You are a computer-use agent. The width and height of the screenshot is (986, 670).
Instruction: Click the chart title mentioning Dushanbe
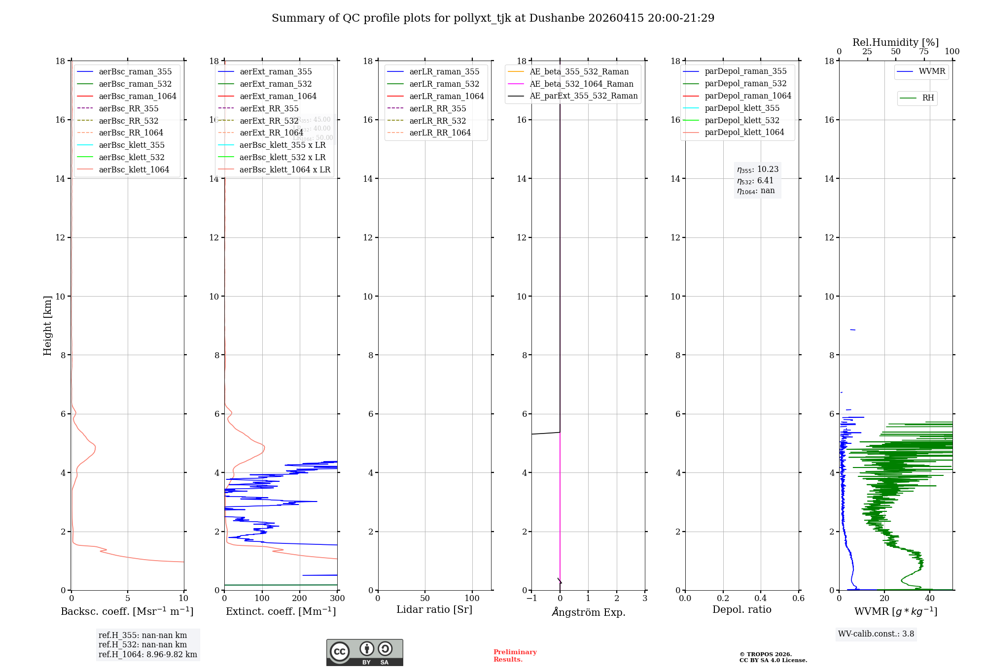pos(493,18)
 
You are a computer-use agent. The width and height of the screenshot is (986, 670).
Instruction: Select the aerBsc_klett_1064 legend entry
pos(134,169)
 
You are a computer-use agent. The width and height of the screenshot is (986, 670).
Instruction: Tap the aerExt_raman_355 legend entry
pos(276,72)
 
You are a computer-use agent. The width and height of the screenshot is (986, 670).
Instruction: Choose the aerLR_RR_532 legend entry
pos(437,121)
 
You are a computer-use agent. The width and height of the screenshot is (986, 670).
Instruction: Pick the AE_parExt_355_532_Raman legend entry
pos(583,96)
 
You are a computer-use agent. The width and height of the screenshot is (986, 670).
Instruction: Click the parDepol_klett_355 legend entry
pos(742,108)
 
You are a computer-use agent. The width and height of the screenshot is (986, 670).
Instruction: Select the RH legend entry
pos(928,98)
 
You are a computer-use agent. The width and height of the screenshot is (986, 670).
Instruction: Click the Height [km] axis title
pos(47,325)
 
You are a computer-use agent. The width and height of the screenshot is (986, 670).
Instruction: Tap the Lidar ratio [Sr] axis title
pos(434,610)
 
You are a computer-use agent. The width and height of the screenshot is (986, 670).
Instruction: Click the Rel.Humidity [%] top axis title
pos(895,42)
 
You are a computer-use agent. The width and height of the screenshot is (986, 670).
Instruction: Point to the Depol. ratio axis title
pos(741,610)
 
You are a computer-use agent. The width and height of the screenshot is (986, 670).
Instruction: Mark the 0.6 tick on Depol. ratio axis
pos(798,599)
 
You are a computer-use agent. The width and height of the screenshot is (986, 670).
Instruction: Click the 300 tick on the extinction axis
pos(337,599)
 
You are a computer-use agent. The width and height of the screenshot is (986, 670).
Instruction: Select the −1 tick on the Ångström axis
pos(531,599)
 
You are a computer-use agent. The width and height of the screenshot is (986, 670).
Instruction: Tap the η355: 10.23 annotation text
pos(758,169)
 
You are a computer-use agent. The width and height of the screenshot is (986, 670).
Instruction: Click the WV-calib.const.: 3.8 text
pos(876,634)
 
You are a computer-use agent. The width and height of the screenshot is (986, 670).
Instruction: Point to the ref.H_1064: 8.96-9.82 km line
pos(148,655)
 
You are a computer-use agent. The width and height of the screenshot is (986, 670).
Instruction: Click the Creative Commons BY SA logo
pos(364,653)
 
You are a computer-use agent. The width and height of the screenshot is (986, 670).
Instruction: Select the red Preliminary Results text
pos(515,656)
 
